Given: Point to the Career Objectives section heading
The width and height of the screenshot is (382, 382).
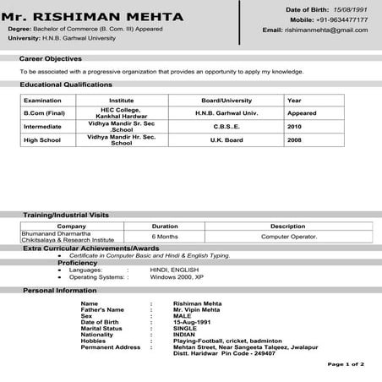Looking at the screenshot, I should click(51, 59).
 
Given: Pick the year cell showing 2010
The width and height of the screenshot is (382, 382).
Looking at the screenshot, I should click(294, 126).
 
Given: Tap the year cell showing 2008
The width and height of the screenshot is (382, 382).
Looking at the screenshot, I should click(294, 139).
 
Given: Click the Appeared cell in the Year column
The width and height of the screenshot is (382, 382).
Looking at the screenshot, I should click(302, 112).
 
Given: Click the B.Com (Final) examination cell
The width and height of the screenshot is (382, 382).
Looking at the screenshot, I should click(44, 112).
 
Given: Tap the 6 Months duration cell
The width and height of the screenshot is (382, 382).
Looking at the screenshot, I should click(164, 237).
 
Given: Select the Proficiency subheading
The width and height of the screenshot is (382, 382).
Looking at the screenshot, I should click(78, 263).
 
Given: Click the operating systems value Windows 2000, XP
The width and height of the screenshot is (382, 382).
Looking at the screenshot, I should click(177, 276).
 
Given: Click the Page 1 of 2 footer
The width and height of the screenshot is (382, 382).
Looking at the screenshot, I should click(346, 363).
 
